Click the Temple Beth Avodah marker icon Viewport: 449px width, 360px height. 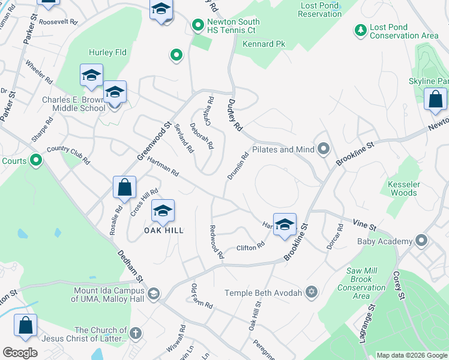point(310,292)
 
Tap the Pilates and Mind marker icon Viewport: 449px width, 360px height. point(324,148)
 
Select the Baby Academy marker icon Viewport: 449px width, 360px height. point(421,241)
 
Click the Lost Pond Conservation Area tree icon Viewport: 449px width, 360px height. point(360,30)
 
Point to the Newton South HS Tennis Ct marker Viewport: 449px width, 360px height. point(197,25)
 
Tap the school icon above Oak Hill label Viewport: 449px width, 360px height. point(163,211)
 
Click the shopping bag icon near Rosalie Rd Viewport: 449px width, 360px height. point(124,188)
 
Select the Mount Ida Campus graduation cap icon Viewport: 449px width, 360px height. point(154,293)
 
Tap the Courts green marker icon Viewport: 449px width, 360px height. point(36,160)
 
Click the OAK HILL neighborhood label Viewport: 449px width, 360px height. point(163,230)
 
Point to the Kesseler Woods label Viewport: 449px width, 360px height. point(403,188)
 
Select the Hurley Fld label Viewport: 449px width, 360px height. point(107,53)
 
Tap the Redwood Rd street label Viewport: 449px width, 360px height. point(216,242)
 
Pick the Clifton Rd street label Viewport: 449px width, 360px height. point(250,246)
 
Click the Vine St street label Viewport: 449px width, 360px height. point(364,227)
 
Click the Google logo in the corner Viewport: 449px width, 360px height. point(20,353)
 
